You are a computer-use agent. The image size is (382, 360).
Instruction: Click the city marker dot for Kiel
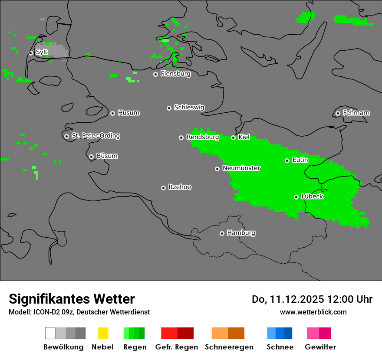[233, 137]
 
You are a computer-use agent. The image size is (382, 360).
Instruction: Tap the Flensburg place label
[175, 74]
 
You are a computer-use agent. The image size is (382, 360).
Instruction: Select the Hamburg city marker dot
[222, 233]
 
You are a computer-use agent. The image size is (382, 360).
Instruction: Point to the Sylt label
[42, 52]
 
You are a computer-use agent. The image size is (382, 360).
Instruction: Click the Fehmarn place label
[356, 113]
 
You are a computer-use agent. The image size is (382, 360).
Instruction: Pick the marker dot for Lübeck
[296, 197]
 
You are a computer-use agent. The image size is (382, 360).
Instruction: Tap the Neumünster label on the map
[241, 168]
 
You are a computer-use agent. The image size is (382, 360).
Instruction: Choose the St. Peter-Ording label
[95, 136]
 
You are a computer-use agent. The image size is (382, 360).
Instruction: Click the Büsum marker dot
[91, 157]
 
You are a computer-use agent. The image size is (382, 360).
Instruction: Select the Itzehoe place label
[180, 187]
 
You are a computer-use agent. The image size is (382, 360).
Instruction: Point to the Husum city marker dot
[112, 113]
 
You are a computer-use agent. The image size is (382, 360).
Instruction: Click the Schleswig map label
[189, 107]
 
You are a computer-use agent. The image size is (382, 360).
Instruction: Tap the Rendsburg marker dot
[181, 137]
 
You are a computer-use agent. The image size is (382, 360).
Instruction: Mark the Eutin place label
[300, 160]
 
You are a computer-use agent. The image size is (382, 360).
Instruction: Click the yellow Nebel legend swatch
[103, 333]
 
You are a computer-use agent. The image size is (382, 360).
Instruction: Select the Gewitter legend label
[320, 347]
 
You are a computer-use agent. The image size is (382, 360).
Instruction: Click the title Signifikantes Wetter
[72, 299]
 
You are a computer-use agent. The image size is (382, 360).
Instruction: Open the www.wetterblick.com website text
[313, 312]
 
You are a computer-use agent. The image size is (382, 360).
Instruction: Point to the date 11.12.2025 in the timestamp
[297, 299]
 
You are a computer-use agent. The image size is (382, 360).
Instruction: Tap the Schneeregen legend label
[229, 347]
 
